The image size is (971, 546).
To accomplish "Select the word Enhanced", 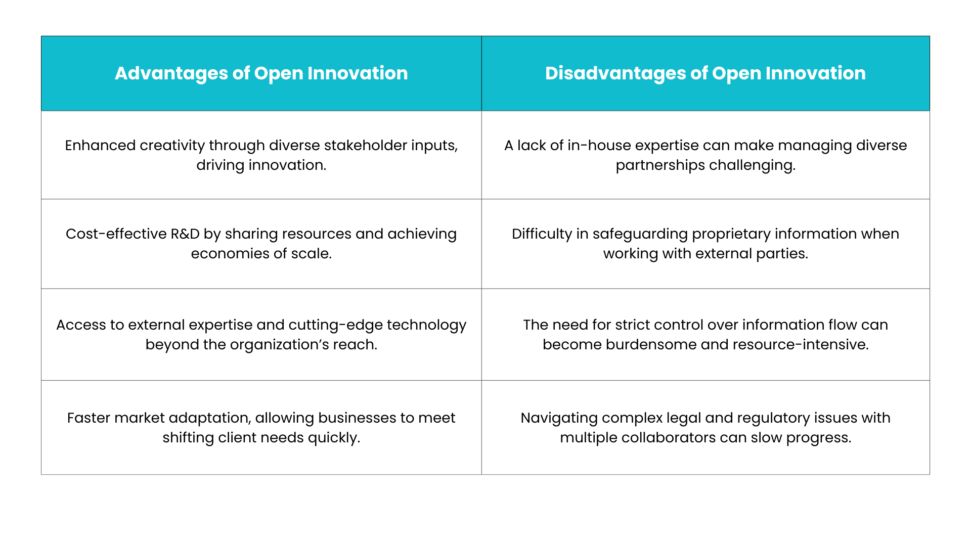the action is coord(100,146).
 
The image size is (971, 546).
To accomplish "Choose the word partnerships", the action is coord(660,166).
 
